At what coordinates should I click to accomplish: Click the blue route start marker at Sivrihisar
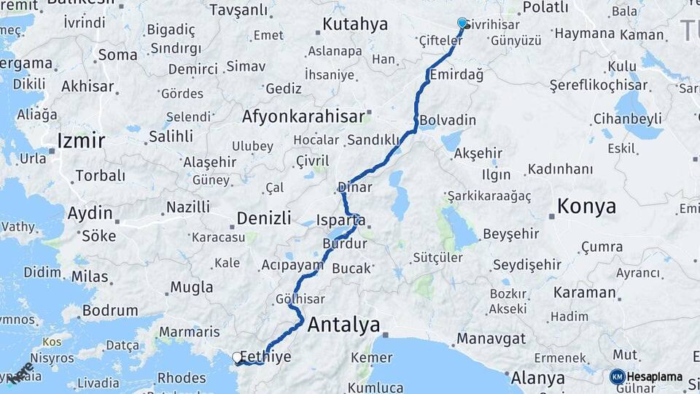coord(462,23)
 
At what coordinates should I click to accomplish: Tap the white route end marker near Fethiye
coord(237,357)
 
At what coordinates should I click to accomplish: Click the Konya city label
coord(586,206)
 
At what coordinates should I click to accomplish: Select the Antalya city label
coord(343,325)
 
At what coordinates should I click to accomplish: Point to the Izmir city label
coord(81,140)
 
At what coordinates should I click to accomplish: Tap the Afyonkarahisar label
coord(303,116)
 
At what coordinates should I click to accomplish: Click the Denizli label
coord(263,217)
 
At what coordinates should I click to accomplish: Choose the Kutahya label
coord(355,24)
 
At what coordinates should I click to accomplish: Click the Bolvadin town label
coord(448,120)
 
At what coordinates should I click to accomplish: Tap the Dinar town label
coord(356,187)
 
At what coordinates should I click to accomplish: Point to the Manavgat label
coord(491,339)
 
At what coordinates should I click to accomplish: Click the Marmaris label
coord(189,331)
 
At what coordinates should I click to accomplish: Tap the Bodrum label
coord(110,310)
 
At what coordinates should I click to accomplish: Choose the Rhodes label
coord(182,378)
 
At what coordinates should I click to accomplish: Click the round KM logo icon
coord(617,376)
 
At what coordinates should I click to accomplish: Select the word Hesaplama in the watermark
coord(654,377)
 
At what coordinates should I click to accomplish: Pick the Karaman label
coord(585,293)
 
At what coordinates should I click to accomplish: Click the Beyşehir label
coord(510,233)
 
